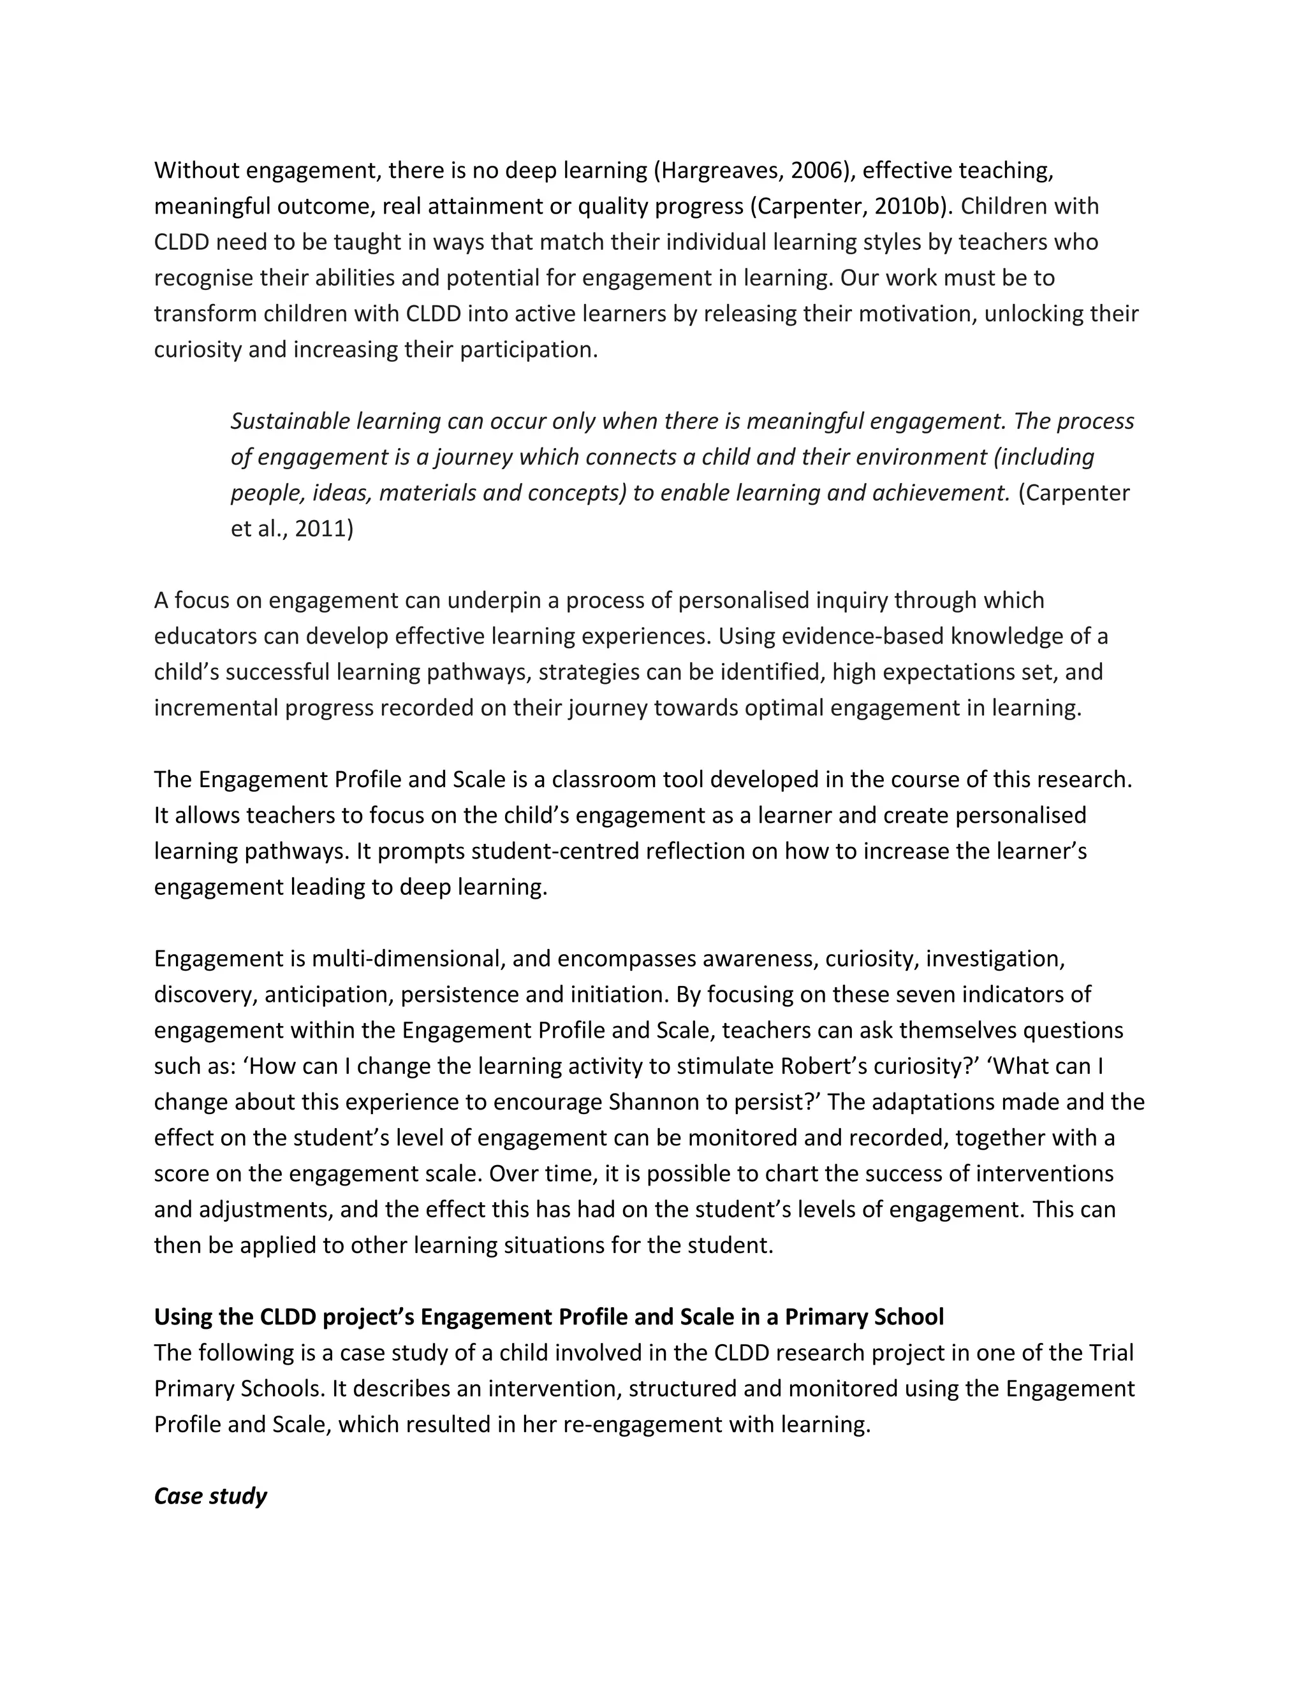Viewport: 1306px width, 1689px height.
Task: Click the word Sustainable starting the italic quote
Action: [x=290, y=421]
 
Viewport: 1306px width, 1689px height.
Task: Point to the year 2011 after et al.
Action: [x=323, y=529]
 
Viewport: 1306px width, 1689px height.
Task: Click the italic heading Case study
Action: [x=210, y=1496]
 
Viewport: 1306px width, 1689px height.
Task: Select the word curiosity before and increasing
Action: [x=197, y=351]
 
